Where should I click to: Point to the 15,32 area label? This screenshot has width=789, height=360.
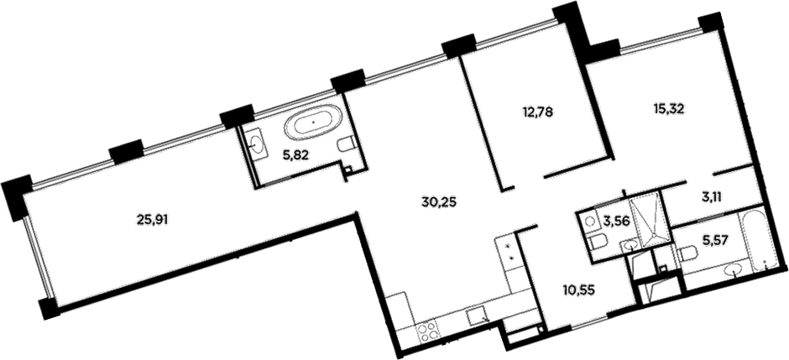[670, 107]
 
